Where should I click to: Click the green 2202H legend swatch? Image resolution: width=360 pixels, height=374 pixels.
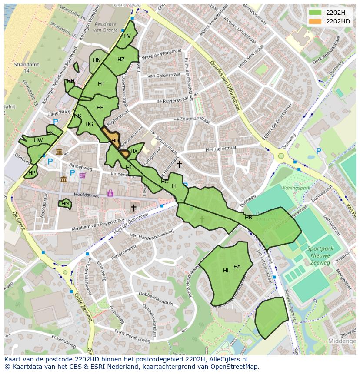[315, 12]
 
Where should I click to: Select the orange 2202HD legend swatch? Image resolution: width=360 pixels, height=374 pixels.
[315, 21]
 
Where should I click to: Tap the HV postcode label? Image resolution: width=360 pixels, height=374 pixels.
[127, 36]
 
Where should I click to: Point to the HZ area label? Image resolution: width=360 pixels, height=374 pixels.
[121, 60]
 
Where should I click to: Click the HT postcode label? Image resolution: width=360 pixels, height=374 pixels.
[101, 84]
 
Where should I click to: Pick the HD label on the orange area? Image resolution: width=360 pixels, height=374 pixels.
[115, 141]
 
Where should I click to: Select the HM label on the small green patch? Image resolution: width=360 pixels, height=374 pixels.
[65, 203]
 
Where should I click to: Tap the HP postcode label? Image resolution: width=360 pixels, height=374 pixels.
[31, 172]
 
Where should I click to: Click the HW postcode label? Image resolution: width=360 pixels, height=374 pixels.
[38, 140]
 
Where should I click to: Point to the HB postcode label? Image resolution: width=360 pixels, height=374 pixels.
[248, 218]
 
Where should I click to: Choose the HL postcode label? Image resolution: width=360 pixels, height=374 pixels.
[226, 271]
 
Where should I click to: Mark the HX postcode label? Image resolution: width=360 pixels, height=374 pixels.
[134, 151]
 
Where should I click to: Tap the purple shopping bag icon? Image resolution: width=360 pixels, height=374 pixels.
[110, 193]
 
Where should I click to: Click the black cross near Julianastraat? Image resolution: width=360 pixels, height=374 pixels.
[179, 164]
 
